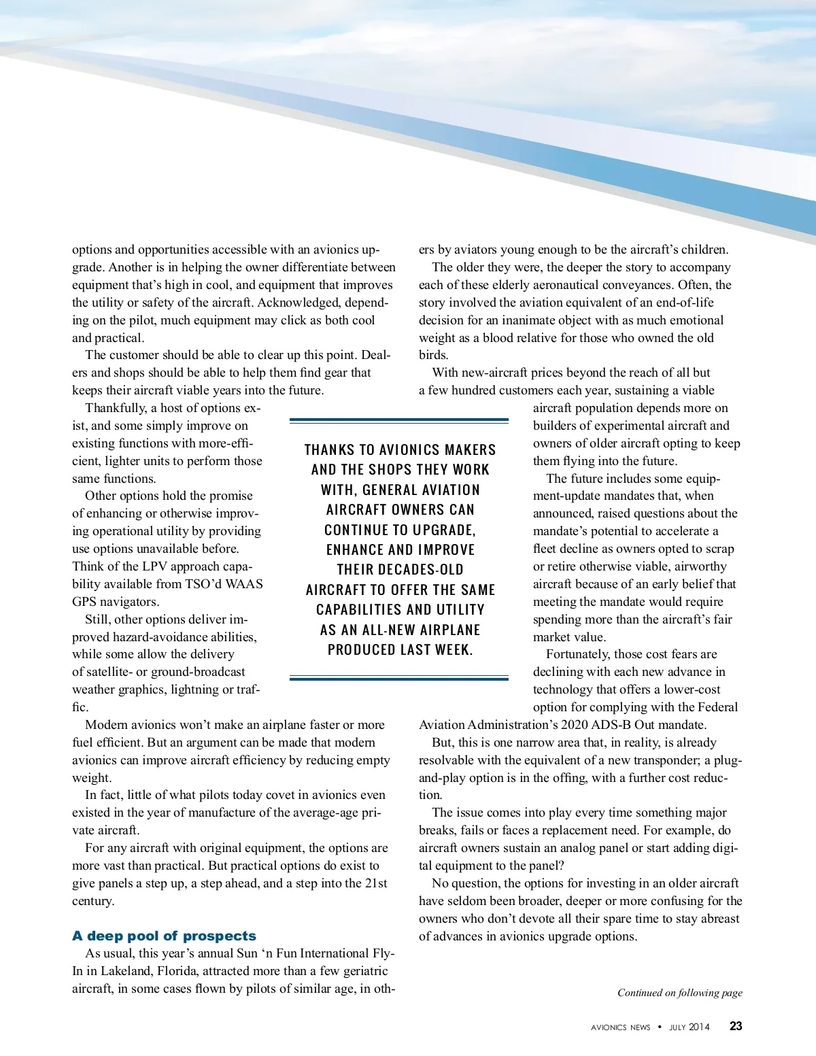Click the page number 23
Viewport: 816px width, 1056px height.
pos(736,1027)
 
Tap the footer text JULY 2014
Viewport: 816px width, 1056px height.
pos(690,1027)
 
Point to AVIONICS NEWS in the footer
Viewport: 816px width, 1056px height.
pos(620,1027)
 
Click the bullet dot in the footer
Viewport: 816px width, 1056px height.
pos(660,1027)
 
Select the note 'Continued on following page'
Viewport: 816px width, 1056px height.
pos(679,993)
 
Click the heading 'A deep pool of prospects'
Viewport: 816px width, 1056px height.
pos(164,936)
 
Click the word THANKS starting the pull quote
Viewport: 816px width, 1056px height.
pos(329,450)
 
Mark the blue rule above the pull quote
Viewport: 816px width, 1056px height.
pos(398,422)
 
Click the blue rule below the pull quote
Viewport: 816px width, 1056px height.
pos(398,678)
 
